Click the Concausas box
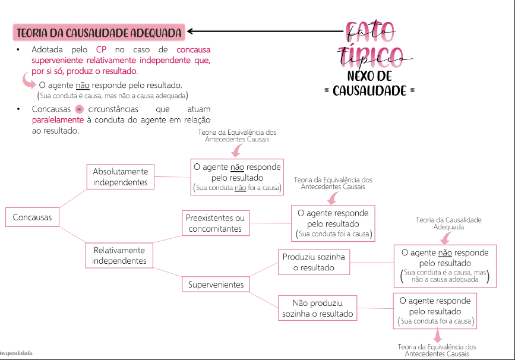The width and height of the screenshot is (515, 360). coord(32,217)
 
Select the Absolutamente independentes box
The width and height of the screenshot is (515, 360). coord(120,176)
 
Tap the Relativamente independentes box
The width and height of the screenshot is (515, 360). coord(119,255)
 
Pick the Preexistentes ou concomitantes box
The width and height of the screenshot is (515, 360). coord(215,223)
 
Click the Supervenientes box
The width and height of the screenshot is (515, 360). coord(216,285)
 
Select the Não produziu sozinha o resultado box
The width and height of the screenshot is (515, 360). coord(317,308)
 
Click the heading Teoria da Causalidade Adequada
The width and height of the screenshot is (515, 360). coord(99,31)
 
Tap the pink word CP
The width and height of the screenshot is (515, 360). coord(101,50)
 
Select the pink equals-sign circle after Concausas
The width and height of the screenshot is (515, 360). coord(79,109)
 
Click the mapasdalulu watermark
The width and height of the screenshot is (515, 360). coord(17,353)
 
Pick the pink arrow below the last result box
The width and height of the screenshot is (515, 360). coord(437,335)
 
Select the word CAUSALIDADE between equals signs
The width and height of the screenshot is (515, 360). coord(369,91)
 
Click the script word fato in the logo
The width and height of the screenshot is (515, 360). coord(369,30)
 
